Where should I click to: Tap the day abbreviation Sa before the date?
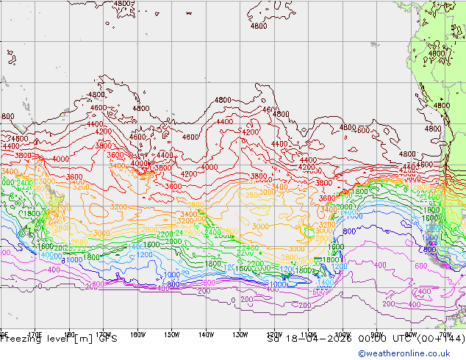[x=275, y=339]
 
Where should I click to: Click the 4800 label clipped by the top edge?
[x=123, y=4]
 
